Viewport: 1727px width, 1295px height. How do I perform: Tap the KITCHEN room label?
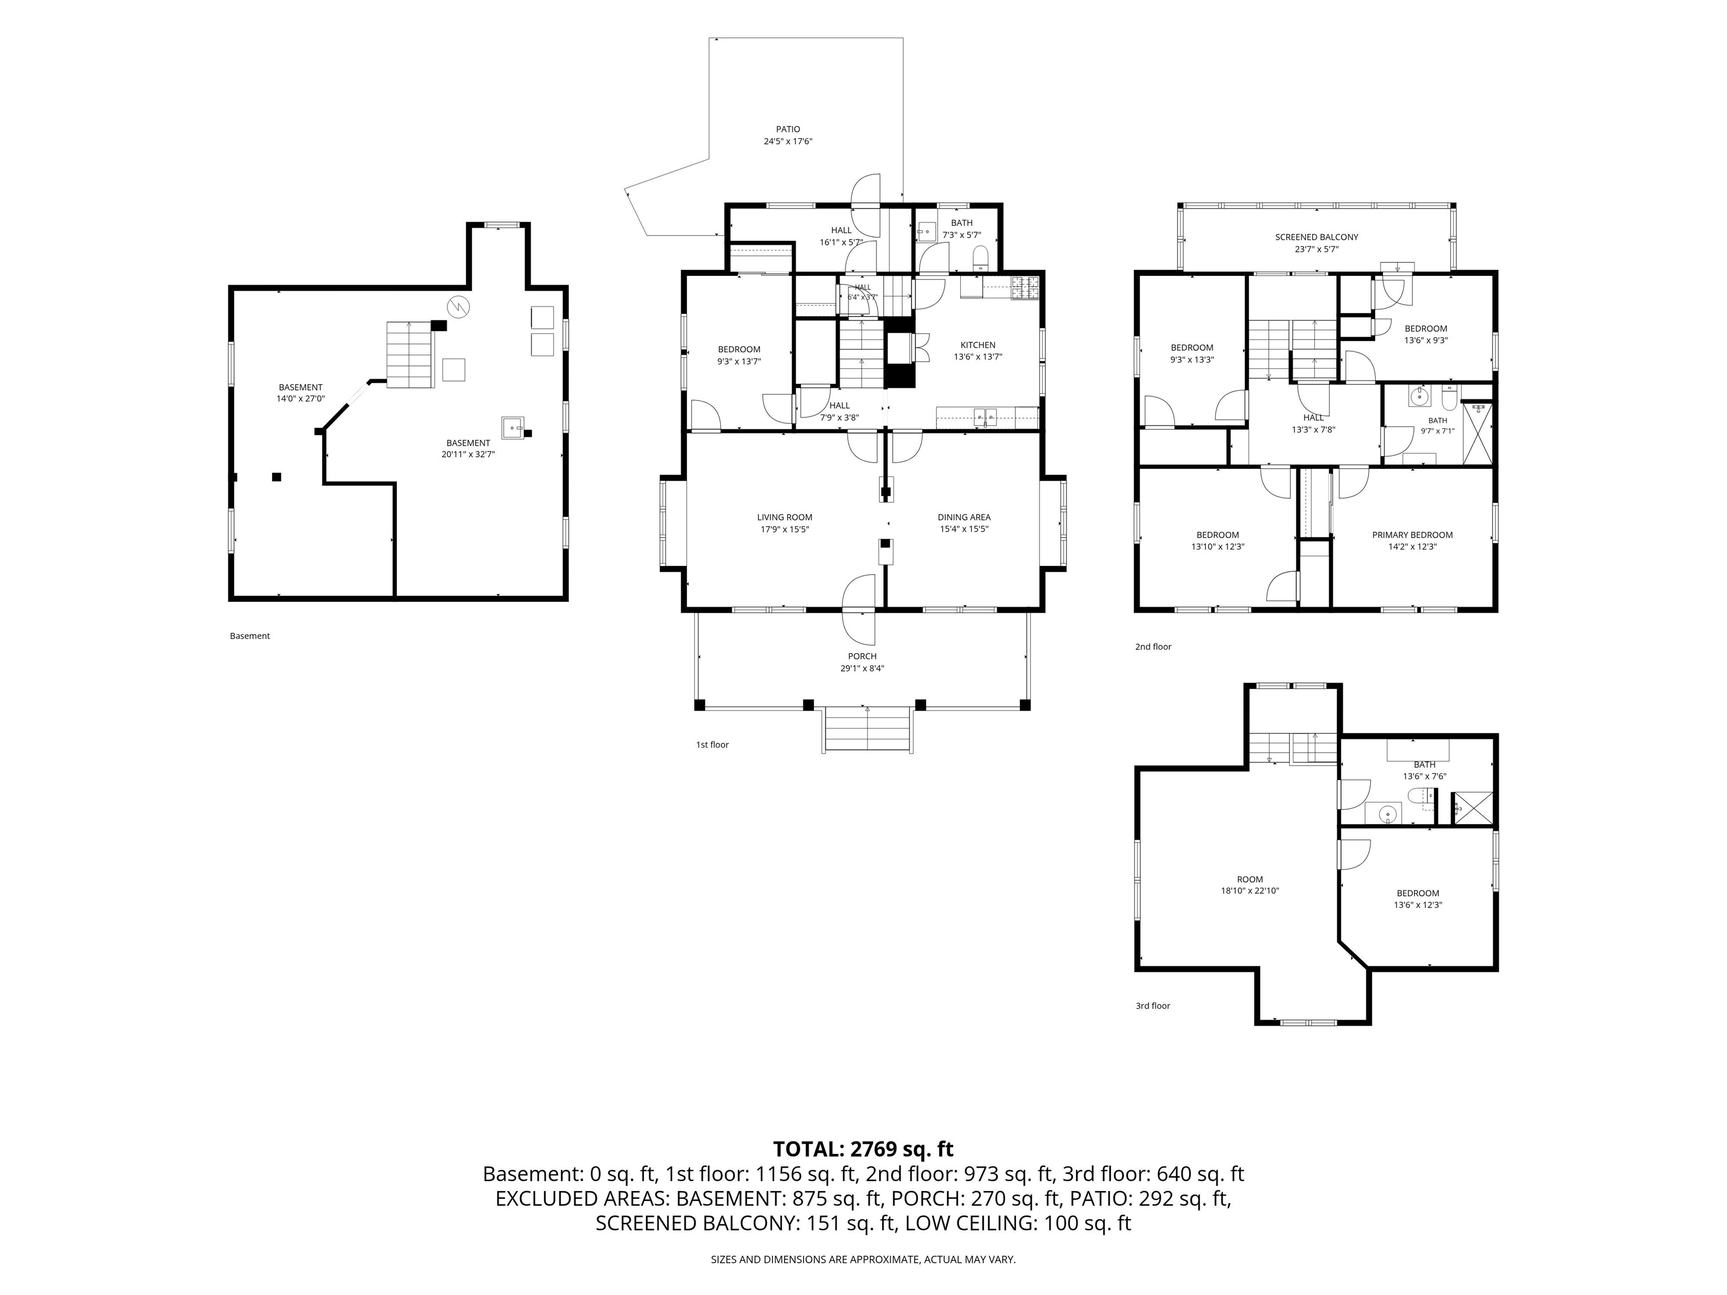(978, 345)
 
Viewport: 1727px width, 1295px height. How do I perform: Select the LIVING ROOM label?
(785, 517)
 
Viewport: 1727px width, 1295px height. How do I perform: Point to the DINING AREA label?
(964, 517)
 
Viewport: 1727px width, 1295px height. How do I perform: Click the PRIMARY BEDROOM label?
(1412, 535)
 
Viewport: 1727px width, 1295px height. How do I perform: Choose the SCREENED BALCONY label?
(1316, 237)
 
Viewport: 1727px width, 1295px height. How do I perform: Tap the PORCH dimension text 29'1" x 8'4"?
(862, 668)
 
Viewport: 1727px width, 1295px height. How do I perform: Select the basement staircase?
(410, 355)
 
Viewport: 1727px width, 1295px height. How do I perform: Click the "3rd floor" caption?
(1152, 1006)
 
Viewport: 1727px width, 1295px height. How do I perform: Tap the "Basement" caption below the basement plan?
(250, 635)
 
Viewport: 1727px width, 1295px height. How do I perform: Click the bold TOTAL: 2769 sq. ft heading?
(863, 1149)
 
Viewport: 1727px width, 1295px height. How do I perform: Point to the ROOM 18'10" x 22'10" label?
(1250, 884)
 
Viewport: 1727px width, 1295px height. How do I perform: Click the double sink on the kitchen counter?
(985, 416)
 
